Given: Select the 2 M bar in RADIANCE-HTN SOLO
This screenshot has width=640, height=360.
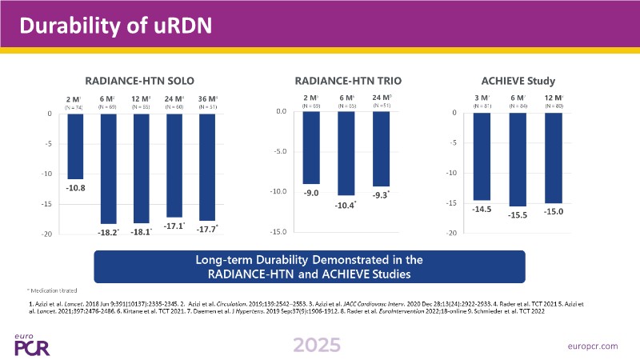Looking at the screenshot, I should (75, 146).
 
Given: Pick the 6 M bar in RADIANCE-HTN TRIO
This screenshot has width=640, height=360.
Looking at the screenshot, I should (346, 153).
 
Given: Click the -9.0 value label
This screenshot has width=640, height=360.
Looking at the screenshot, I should (311, 192).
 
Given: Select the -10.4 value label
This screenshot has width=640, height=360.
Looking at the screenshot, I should (346, 205).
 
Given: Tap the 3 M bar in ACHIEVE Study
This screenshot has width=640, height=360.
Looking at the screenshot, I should (482, 156).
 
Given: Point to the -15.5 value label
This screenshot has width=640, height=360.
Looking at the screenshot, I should (518, 215).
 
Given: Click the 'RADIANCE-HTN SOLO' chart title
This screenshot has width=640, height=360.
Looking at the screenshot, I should (140, 80).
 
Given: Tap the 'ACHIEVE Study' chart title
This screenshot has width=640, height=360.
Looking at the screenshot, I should (518, 80).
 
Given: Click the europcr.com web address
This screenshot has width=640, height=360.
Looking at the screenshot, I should (591, 346).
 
